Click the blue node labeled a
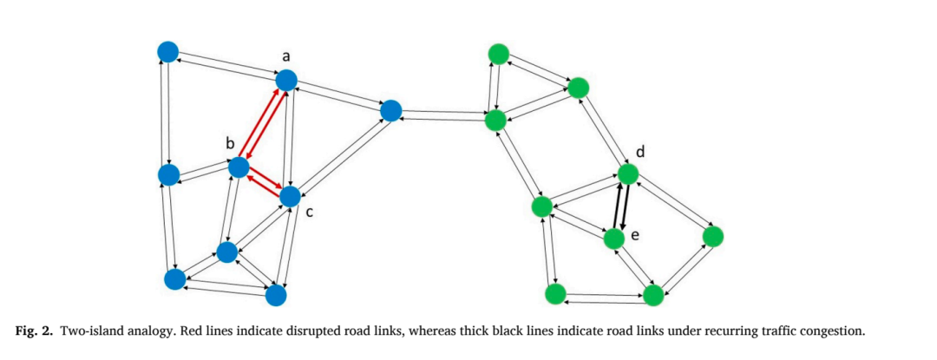286,80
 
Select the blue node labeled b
239,167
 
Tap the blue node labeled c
290,196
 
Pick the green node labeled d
628,174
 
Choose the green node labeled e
613,239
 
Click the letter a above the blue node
285,56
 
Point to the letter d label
640,152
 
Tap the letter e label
634,236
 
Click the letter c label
310,212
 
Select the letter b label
230,143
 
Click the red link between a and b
262,124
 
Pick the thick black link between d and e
621,206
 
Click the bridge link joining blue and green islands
442,115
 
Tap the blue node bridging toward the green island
390,110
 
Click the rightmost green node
713,237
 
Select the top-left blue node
168,52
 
